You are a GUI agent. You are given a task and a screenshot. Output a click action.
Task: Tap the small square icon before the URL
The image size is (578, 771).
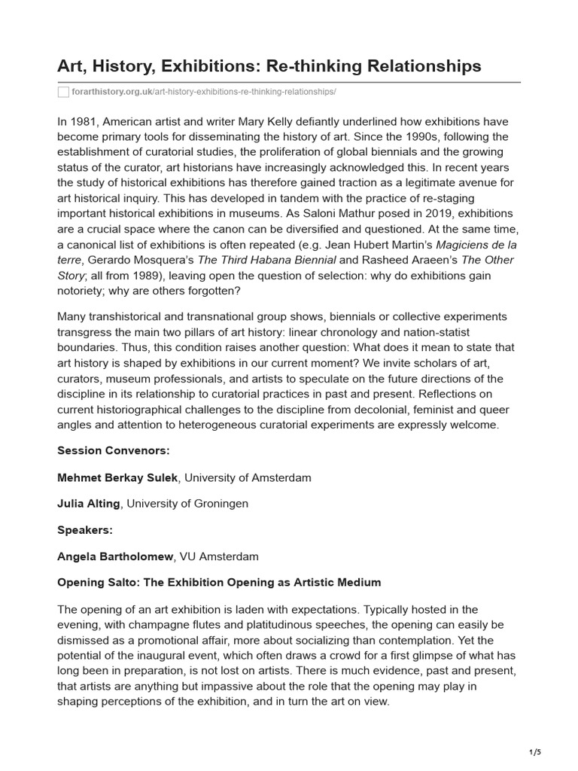(x=63, y=92)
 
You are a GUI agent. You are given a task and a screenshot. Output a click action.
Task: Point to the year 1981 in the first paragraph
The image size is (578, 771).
(x=83, y=122)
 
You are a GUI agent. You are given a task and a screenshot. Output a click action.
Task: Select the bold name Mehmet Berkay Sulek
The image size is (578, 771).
(x=119, y=477)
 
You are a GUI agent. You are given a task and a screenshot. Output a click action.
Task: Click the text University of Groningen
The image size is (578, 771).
(x=187, y=504)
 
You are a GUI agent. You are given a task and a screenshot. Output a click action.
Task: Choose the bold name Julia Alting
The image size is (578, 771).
(x=89, y=504)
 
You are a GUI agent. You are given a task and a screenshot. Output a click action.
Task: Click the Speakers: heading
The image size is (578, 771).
(x=85, y=530)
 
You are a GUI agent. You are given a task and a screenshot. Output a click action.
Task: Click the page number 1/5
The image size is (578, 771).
(x=535, y=752)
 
